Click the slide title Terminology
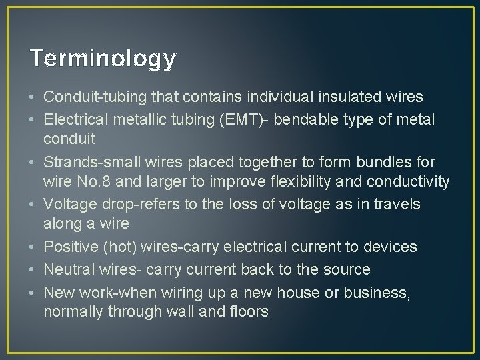tap(103, 59)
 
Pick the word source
tap(346, 269)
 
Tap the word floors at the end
tap(249, 311)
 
